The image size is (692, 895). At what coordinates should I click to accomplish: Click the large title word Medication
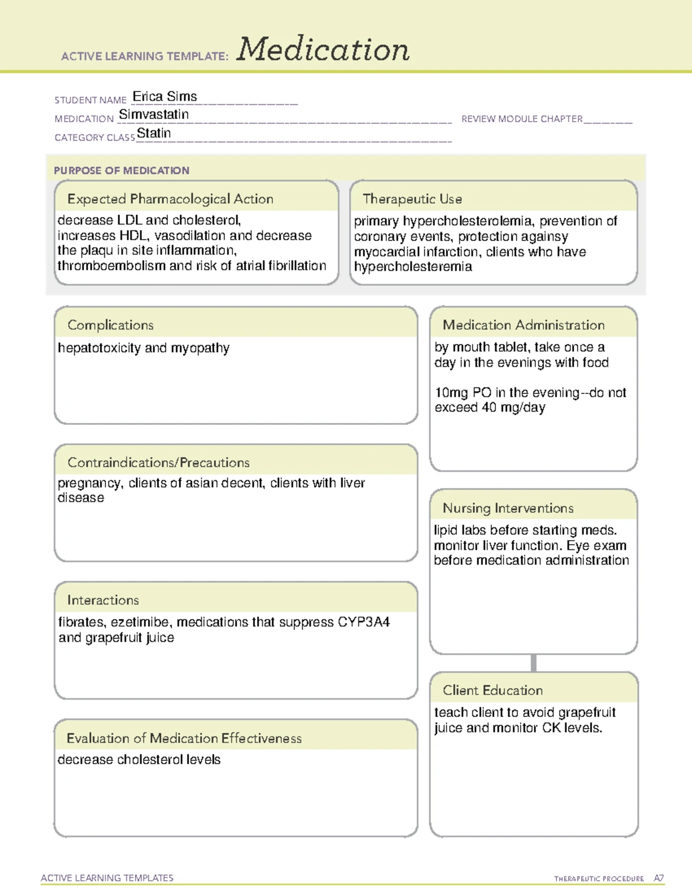coord(323,50)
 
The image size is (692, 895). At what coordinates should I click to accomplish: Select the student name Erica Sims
coord(165,97)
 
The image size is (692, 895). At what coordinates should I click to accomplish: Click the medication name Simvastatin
coord(153,115)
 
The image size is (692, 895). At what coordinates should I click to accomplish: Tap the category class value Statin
coord(153,133)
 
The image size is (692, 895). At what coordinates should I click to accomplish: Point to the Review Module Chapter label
coord(522,119)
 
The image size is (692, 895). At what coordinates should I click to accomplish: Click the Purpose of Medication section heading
coord(121,171)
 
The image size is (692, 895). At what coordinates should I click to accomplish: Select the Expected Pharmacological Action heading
coord(170,199)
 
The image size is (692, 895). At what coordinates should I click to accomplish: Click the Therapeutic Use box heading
coord(412,199)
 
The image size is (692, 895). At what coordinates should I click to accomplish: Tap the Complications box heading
coord(111,325)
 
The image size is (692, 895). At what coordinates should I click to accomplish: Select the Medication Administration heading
coord(524,325)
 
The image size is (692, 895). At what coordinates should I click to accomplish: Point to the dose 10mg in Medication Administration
coord(452,393)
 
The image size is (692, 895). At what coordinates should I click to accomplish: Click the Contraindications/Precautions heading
coord(159,462)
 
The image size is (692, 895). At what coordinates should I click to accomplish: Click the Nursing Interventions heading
coord(508,508)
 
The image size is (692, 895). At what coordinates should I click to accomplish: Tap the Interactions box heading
coord(103,600)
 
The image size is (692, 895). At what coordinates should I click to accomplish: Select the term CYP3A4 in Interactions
coord(364,622)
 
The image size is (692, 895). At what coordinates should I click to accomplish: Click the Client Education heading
coord(492,690)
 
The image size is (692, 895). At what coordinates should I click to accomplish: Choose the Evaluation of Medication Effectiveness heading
coord(184,738)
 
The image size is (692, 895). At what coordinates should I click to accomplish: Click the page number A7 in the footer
coord(659,878)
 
